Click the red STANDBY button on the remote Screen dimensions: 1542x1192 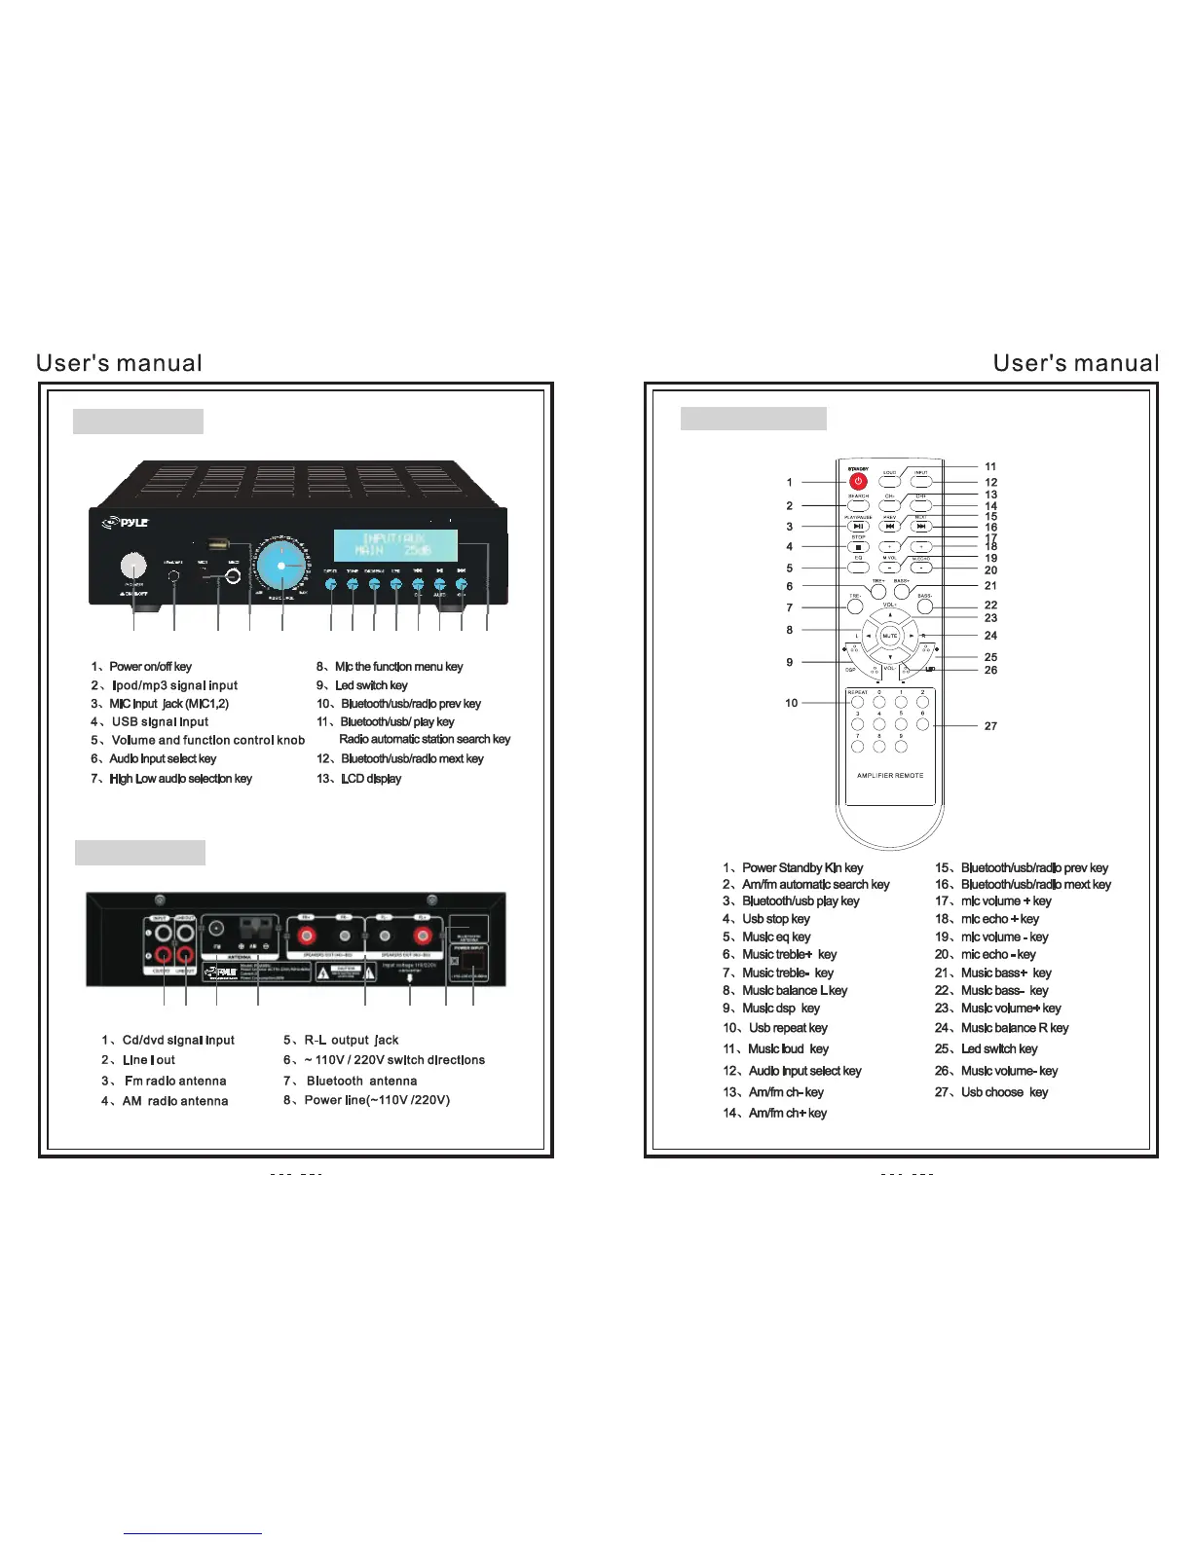[858, 481]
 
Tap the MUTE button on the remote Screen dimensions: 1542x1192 [889, 636]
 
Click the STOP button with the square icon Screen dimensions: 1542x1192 [858, 547]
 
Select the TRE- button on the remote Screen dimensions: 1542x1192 [855, 606]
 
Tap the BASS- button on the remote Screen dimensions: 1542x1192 [925, 606]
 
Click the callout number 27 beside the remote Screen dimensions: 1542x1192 [990, 726]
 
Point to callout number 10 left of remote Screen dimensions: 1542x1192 [791, 703]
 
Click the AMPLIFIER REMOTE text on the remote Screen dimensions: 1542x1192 [890, 776]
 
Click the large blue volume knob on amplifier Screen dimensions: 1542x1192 [281, 566]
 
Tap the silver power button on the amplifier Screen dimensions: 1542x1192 [133, 565]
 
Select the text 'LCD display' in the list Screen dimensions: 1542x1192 [370, 779]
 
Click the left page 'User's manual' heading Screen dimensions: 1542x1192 [119, 364]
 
